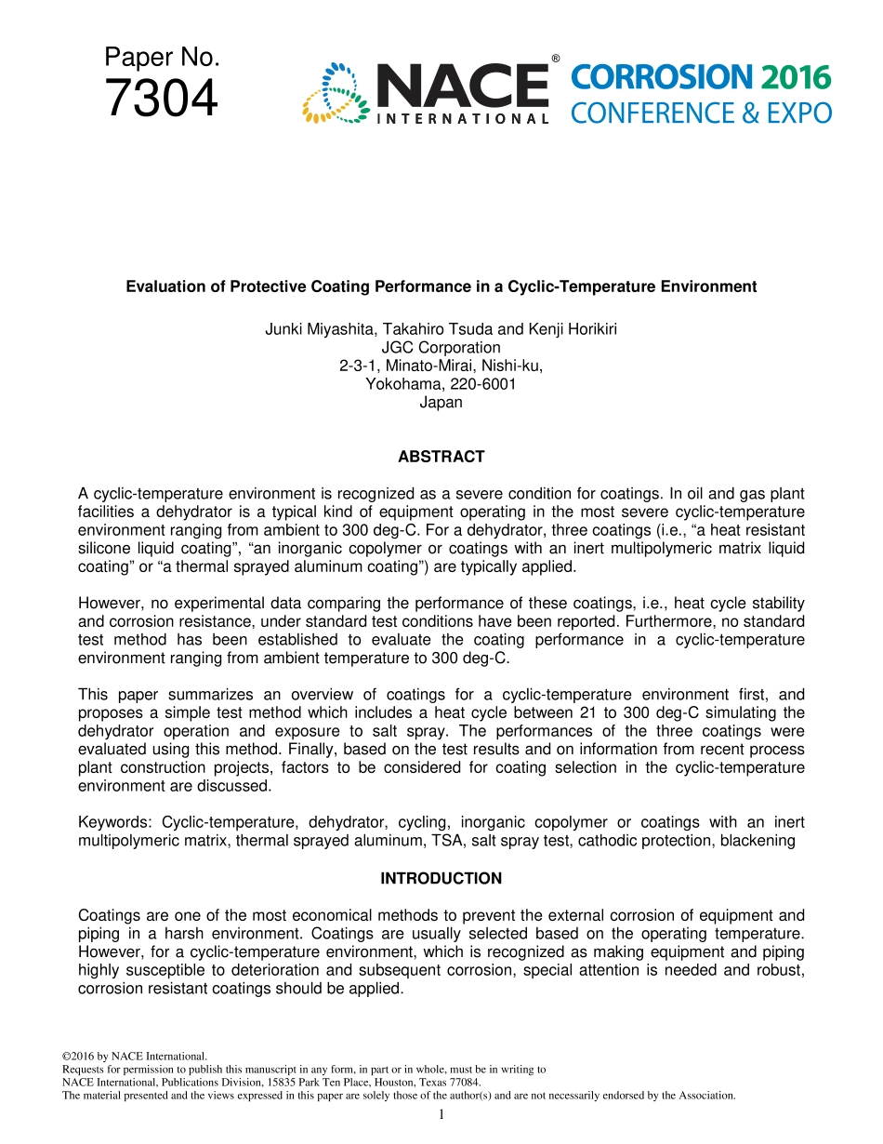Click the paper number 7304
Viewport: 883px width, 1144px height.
[162, 99]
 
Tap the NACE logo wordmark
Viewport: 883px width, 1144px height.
[461, 86]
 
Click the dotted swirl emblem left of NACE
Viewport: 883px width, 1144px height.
[336, 93]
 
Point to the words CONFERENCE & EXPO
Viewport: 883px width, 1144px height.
[701, 113]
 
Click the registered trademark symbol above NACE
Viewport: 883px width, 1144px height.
[555, 59]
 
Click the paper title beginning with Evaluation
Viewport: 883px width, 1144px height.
[441, 286]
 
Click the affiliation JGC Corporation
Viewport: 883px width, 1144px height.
[441, 348]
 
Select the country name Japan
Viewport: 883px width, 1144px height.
[441, 403]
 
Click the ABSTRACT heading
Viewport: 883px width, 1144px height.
[441, 457]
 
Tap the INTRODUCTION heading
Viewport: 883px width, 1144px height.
[441, 878]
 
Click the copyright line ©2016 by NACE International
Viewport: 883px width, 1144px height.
[134, 1057]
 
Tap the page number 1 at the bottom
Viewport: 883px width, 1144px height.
[441, 1114]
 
